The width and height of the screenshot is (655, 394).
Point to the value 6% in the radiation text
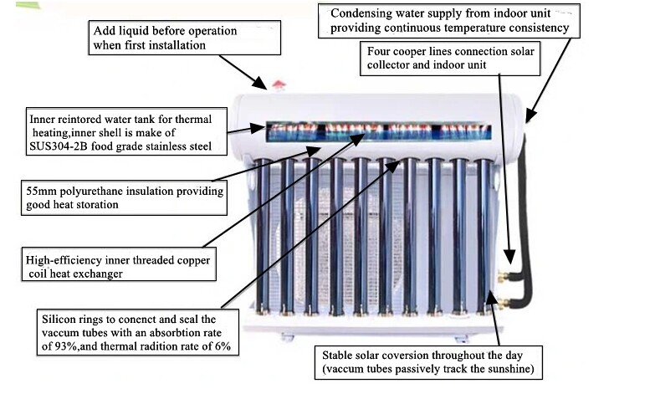(x=223, y=346)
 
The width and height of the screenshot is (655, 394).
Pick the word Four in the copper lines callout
(x=378, y=51)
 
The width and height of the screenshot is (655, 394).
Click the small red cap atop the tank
(x=279, y=85)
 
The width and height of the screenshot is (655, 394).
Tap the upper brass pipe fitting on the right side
(x=504, y=276)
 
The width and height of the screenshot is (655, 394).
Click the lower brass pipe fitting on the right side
(x=504, y=303)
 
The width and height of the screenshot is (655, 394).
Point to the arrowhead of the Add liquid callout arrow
(x=261, y=84)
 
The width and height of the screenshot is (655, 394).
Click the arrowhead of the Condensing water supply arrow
(x=530, y=115)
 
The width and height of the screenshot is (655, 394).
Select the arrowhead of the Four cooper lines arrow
(x=509, y=257)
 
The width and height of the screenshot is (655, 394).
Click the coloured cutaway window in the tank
(x=378, y=131)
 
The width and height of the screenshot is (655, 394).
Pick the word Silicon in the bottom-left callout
(x=57, y=320)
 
